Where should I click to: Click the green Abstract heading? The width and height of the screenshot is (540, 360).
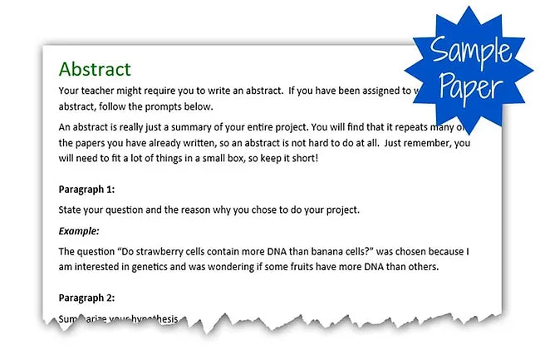[x=95, y=68]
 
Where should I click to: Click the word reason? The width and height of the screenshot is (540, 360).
[x=204, y=210]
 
